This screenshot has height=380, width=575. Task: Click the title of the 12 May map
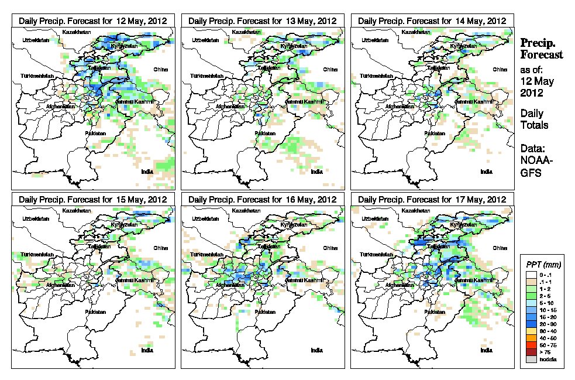click(x=93, y=20)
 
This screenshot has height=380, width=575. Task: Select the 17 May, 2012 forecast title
click(x=432, y=199)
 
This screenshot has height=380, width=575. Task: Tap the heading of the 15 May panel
click(x=93, y=199)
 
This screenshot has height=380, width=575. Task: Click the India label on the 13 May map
click(x=316, y=172)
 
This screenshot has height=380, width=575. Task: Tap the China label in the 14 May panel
click(x=499, y=69)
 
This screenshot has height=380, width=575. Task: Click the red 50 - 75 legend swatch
click(x=531, y=345)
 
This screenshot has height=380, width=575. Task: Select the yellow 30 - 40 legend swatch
click(x=531, y=331)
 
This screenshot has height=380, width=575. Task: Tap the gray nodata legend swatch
click(x=531, y=360)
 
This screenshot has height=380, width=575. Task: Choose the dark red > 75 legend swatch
click(x=531, y=352)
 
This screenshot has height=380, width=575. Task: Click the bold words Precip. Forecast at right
click(x=541, y=49)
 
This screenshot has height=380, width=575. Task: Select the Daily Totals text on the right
click(x=533, y=119)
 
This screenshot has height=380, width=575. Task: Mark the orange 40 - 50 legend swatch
click(x=531, y=338)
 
